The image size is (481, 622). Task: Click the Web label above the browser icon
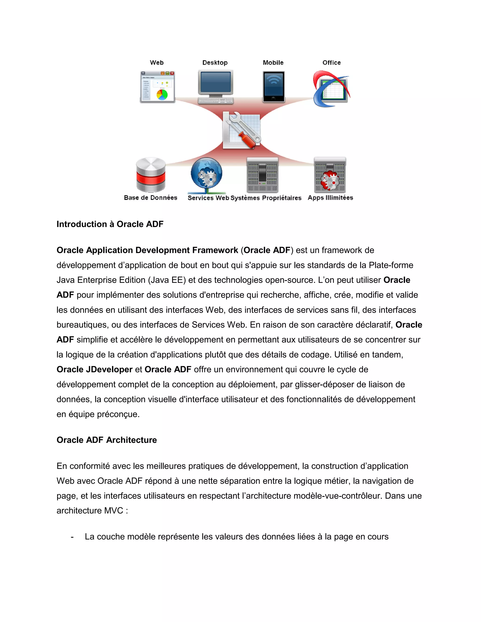tap(157, 63)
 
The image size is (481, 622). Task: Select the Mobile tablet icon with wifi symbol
tap(274, 86)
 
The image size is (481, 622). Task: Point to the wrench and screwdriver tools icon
tap(242, 130)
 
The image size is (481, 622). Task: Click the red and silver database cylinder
tap(151, 175)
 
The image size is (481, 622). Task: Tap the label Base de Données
tap(151, 198)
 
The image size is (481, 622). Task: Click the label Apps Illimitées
tap(330, 198)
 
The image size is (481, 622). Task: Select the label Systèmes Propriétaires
tap(266, 198)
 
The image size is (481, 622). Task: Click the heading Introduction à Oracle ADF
tap(110, 224)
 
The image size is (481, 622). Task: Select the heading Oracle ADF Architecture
tap(107, 440)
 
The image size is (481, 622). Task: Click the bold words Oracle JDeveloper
tap(94, 369)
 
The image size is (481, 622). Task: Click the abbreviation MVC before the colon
tap(114, 511)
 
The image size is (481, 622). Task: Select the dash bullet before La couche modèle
tap(72, 537)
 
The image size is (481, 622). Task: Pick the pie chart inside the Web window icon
tap(162, 94)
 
